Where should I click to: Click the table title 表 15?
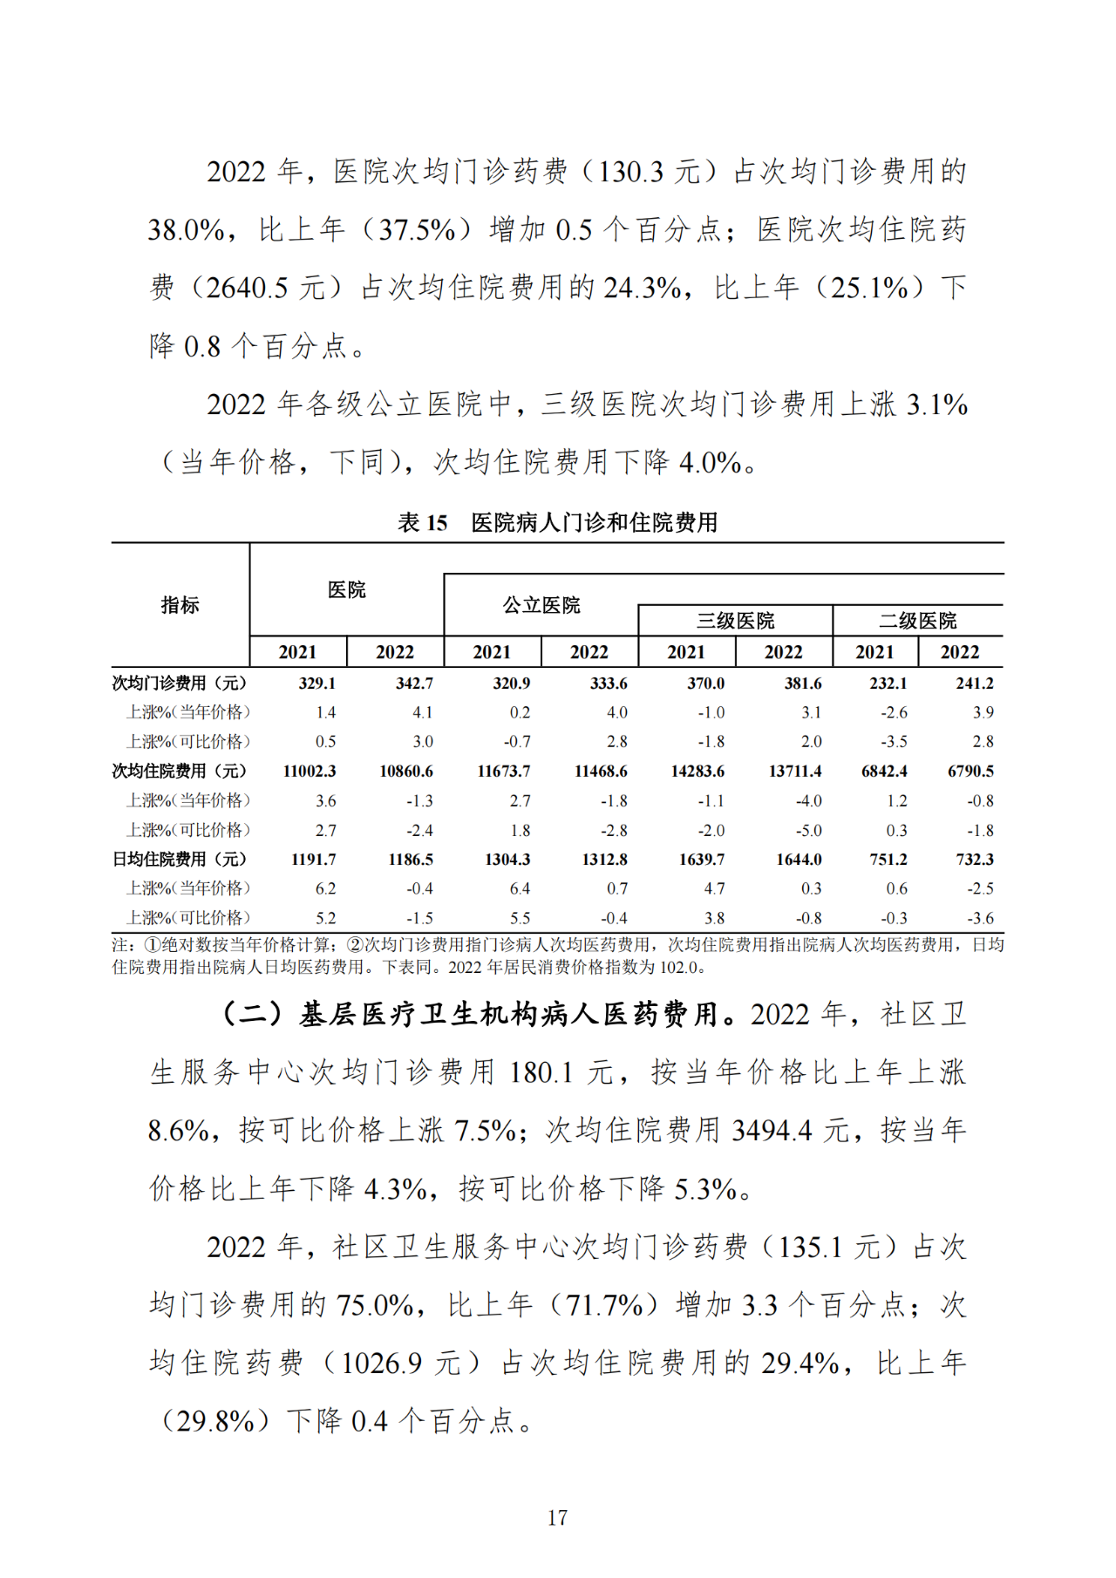[423, 522]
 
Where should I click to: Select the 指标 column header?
[180, 604]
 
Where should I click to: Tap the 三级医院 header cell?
[735, 621]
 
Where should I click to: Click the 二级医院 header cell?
[917, 621]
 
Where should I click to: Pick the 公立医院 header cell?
[541, 605]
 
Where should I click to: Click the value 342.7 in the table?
[414, 684]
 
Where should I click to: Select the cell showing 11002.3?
[310, 772]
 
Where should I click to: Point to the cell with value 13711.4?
[795, 772]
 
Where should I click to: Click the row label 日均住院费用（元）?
[180, 860]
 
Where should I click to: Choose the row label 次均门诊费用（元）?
[180, 684]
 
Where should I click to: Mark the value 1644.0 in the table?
[799, 860]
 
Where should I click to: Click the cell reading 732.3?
[975, 860]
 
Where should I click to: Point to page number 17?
[557, 1518]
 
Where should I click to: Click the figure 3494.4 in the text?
[772, 1131]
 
